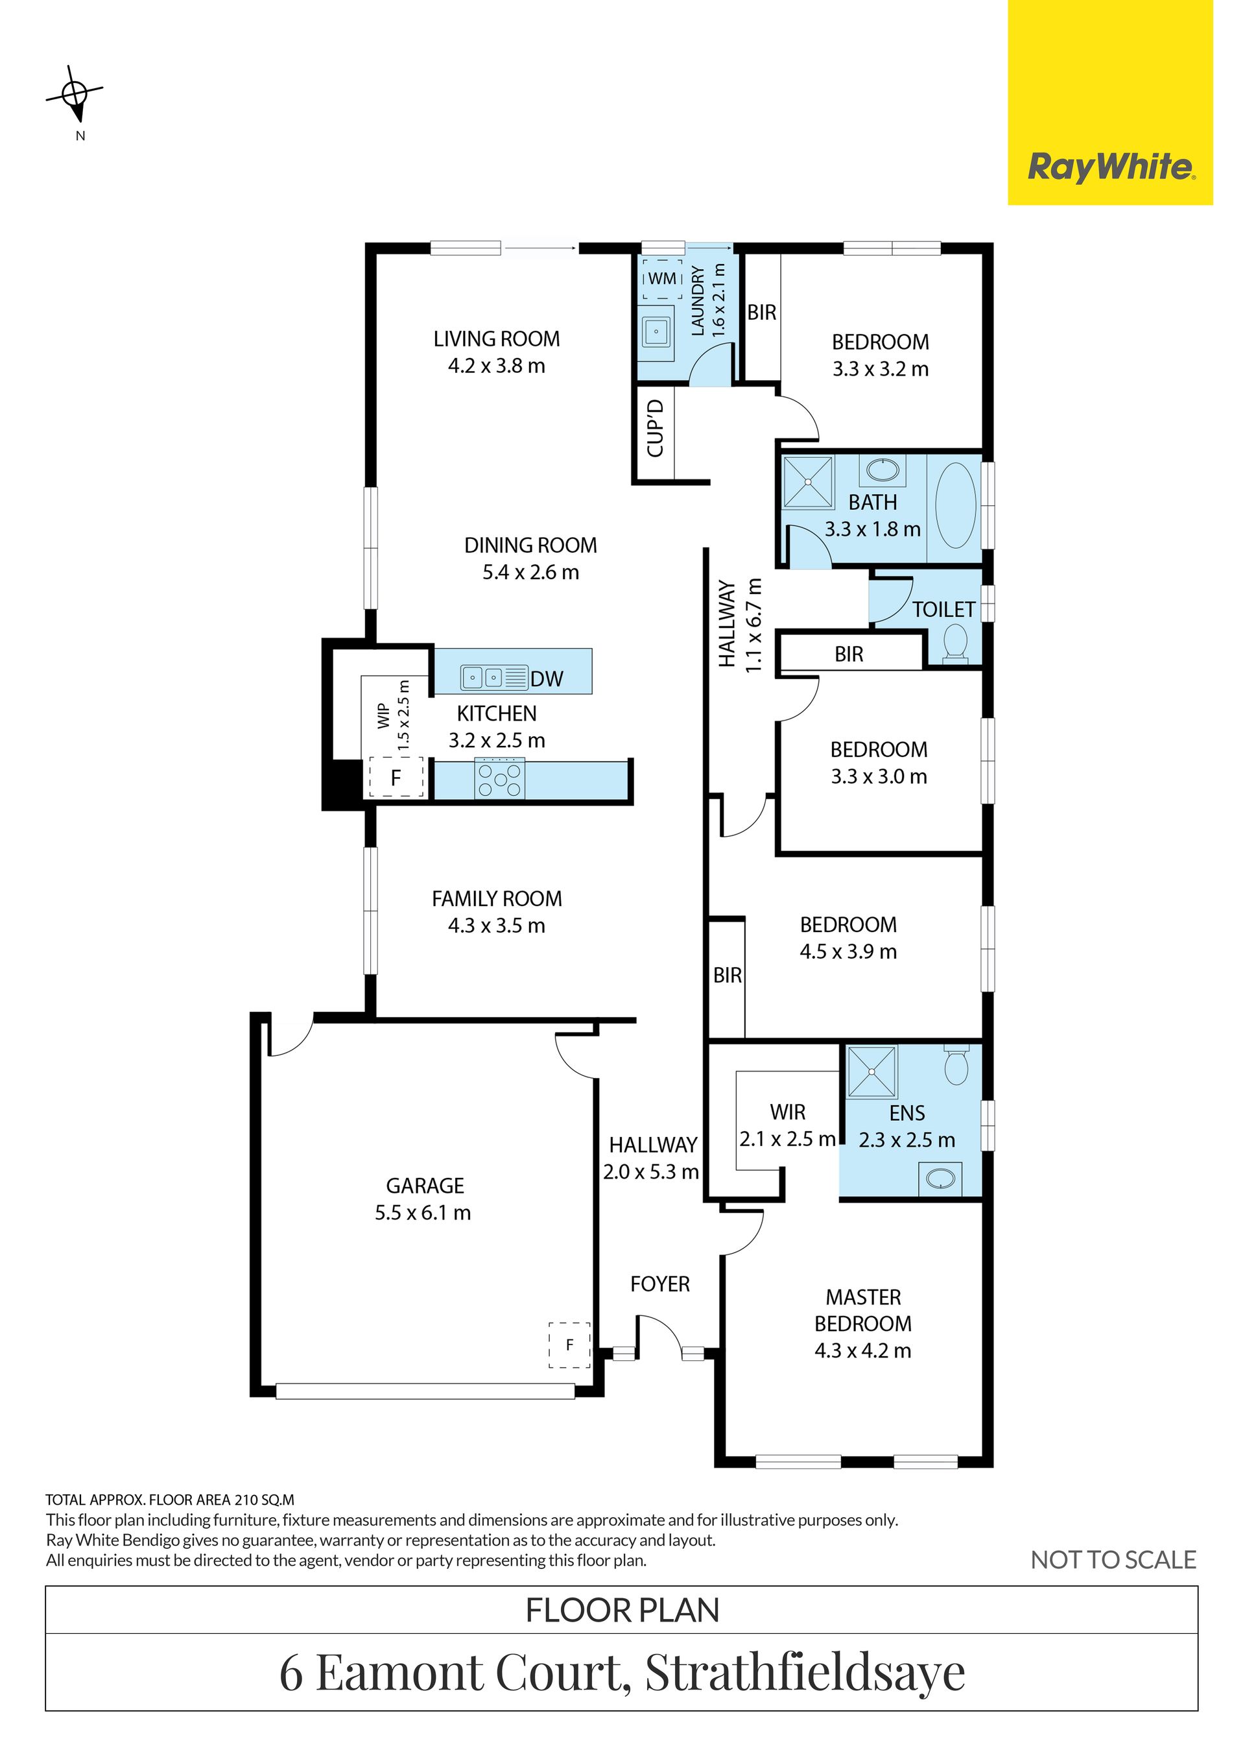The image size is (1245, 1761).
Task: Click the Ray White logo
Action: (x=1110, y=167)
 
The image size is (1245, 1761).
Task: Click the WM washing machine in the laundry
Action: (x=662, y=278)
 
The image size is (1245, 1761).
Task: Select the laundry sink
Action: (x=656, y=332)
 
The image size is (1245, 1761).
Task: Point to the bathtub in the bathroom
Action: (x=955, y=505)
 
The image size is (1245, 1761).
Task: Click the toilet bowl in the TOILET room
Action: (x=955, y=641)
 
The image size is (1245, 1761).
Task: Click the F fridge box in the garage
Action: (x=569, y=1345)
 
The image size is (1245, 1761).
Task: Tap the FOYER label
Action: (x=660, y=1284)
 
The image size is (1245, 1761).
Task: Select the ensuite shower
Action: (x=870, y=1072)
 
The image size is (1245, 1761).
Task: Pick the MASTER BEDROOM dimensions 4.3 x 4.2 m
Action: (x=863, y=1350)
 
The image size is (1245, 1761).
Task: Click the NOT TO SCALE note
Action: (x=1113, y=1559)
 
